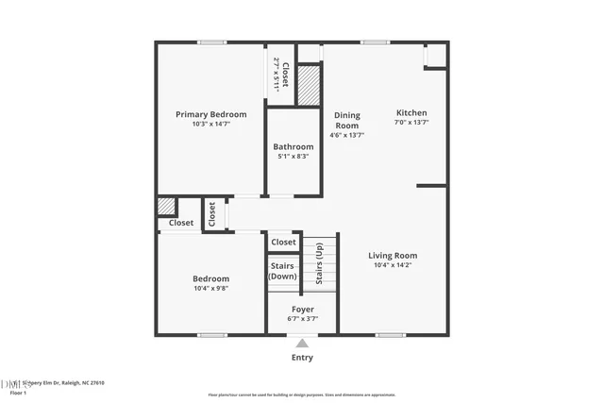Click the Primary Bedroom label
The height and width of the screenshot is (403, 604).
pos(211,114)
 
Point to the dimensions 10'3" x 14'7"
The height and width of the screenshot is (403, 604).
pos(211,124)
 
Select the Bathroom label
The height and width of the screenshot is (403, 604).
pos(294,146)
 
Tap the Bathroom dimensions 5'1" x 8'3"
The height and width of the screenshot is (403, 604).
pos(294,156)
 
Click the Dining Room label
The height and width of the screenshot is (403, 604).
pos(347,120)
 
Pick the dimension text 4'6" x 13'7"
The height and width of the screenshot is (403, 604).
pos(347,135)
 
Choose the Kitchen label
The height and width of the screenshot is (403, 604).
pos(411,111)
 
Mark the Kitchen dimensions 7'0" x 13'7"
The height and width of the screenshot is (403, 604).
pos(411,121)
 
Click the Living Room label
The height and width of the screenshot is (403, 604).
pos(393,255)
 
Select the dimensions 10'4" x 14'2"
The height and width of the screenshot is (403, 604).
pos(393,265)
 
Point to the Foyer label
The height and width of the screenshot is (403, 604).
pos(302,309)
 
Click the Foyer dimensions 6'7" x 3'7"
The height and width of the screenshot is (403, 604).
pos(302,318)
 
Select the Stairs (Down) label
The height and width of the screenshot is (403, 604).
pos(283,271)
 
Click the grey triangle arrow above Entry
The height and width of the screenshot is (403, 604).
pos(302,344)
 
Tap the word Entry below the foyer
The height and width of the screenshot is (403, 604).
pos(302,357)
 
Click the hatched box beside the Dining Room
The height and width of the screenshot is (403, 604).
pos(310,84)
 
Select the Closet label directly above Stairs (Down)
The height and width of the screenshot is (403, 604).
pos(283,243)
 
